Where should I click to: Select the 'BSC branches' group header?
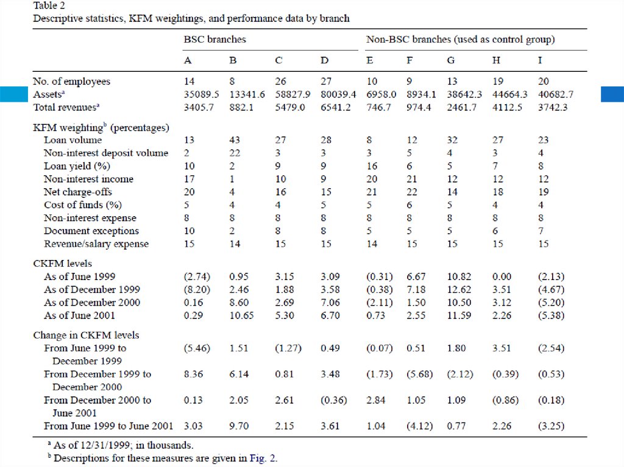tap(215, 40)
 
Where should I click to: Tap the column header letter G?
tap(450, 61)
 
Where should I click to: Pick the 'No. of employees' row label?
tap(72, 82)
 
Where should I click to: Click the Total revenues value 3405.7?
tap(199, 107)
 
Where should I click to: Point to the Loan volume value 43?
tap(235, 140)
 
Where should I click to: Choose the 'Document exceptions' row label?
tap(91, 231)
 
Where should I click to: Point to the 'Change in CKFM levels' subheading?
tap(86, 335)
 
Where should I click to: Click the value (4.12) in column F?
tap(420, 426)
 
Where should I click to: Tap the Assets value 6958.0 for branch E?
tap(381, 94)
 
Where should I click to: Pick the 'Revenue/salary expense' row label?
tap(96, 244)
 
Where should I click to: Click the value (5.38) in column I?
tap(551, 315)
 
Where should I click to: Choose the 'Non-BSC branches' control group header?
tap(460, 40)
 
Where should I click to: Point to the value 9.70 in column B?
tap(239, 426)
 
